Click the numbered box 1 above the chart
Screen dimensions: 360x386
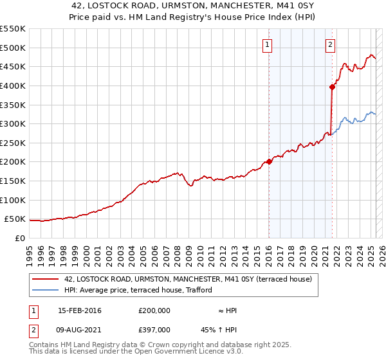click(267, 45)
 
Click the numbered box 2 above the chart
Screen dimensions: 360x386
click(330, 45)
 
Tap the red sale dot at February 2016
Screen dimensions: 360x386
click(269, 161)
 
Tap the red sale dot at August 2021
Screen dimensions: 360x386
click(332, 87)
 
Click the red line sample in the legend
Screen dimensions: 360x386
click(46, 279)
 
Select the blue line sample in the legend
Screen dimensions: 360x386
click(46, 290)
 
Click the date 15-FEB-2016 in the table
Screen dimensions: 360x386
click(80, 310)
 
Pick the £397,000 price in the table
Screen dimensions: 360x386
click(154, 330)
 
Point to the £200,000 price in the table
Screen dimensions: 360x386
click(154, 310)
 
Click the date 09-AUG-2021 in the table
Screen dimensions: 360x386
click(80, 330)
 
